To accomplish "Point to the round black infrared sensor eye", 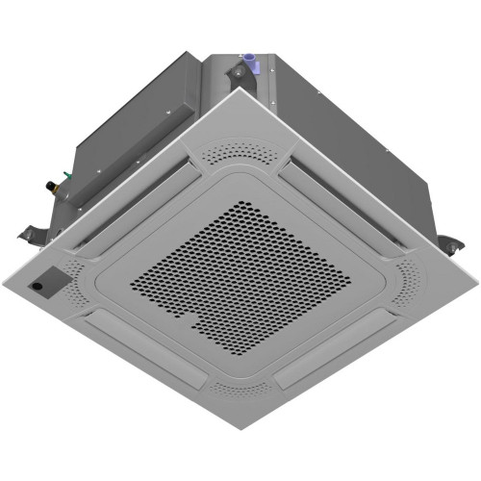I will click(41, 286).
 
